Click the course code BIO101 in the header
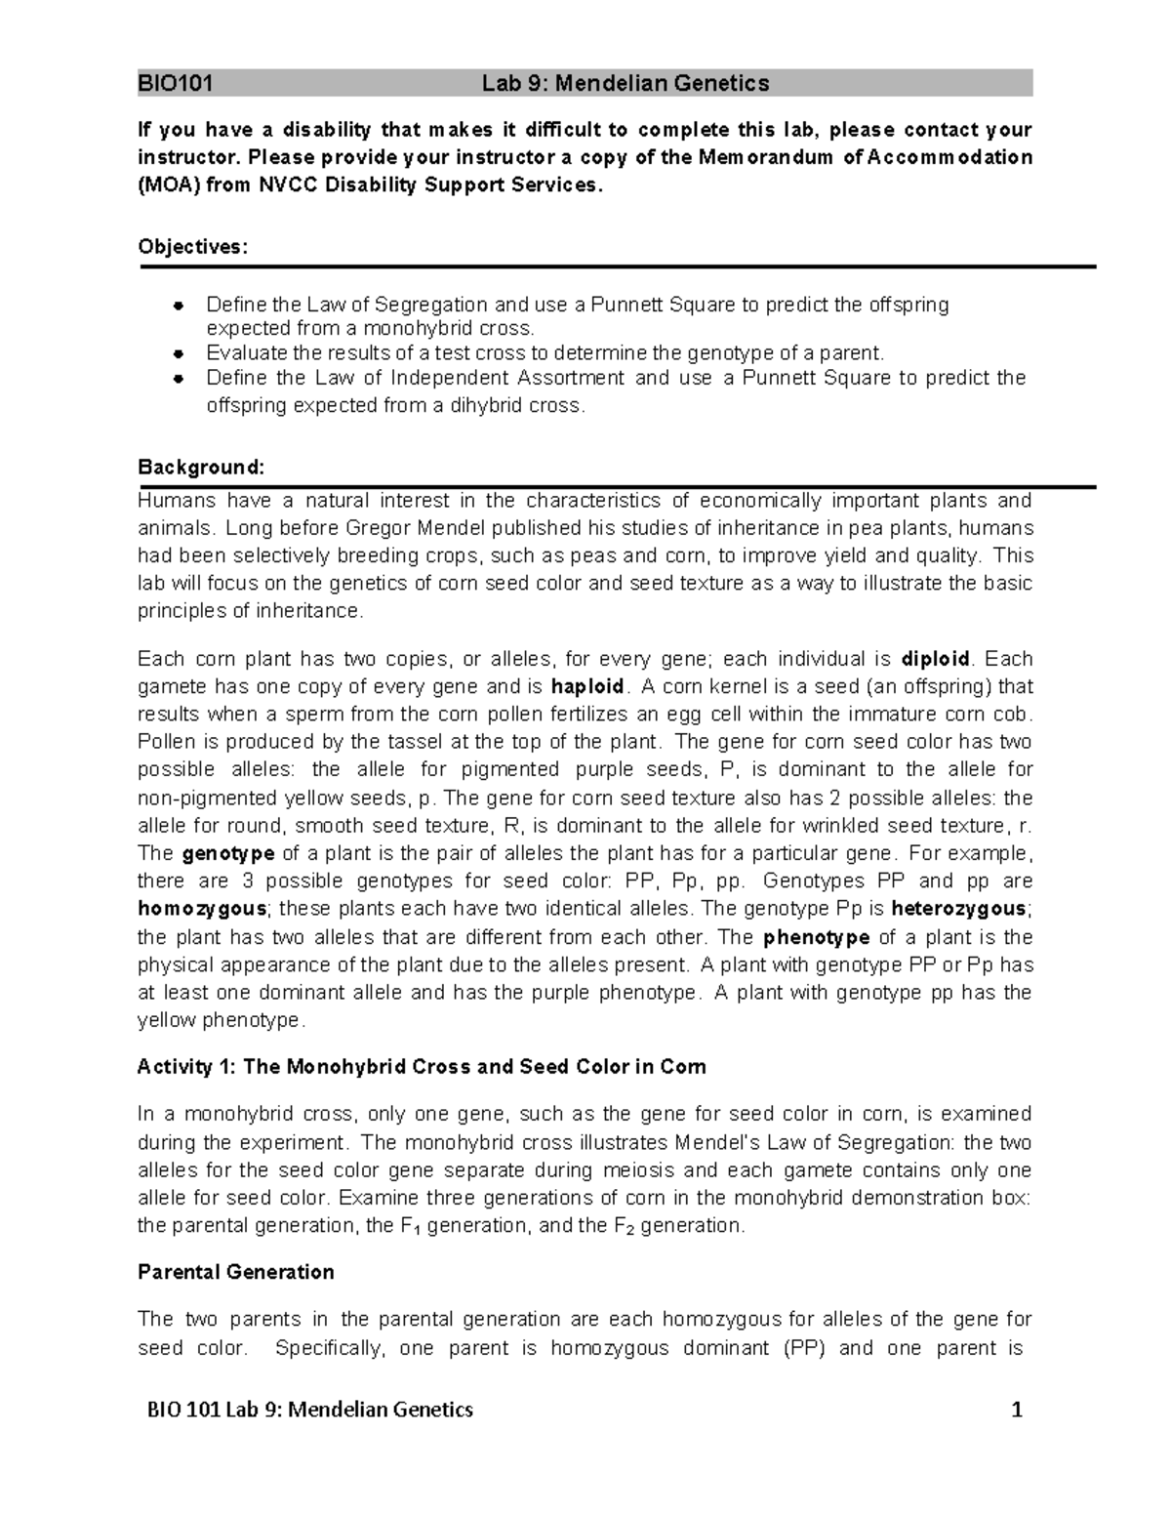176,84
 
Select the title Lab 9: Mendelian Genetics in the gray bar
626,84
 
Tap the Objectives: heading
193,247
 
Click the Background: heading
201,468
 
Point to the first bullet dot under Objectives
179,306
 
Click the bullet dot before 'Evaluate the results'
179,353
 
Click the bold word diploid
935,658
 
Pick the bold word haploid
586,686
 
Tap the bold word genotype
228,854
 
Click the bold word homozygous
202,909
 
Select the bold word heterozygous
971,909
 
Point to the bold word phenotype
816,938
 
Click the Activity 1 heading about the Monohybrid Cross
422,1067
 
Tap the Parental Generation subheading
236,1272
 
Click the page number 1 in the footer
1017,1411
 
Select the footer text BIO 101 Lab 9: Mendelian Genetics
309,1411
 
